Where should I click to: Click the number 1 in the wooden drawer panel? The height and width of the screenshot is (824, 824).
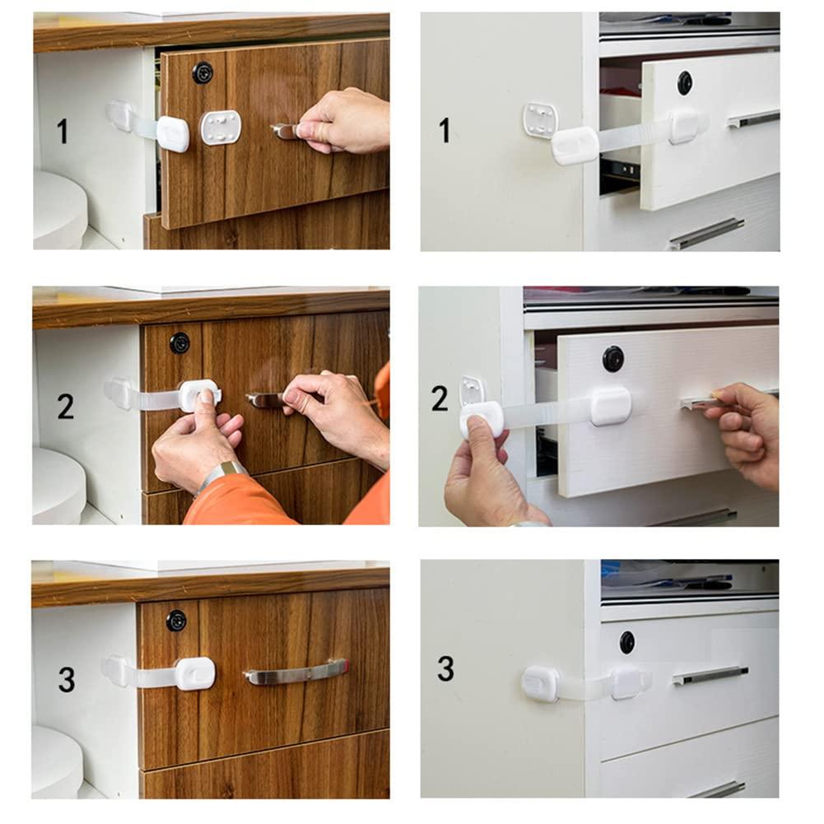coord(62,131)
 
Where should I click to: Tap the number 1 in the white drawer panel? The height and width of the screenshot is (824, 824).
coord(445,130)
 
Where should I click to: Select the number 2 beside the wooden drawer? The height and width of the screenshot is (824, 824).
coord(66,406)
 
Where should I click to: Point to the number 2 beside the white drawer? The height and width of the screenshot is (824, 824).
coord(440,398)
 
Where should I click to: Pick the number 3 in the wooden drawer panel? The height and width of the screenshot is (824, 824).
coord(67,679)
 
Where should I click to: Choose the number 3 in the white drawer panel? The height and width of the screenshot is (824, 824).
coord(445,668)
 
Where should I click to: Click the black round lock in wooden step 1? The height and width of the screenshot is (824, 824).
coord(203,72)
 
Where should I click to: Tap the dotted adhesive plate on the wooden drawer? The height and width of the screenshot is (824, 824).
coord(221,128)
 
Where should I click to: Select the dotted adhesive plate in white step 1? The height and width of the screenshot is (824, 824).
coord(540,119)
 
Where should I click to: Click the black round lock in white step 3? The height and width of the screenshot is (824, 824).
coord(627,642)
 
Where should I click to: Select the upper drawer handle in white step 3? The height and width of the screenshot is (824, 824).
coord(710,676)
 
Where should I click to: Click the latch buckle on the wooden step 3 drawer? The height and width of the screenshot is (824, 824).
coord(195,673)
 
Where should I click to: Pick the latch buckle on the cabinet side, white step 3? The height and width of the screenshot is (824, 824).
coord(540,684)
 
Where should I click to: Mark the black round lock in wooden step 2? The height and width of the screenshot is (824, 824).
coord(179,343)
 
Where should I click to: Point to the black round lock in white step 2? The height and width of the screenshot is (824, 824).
coord(613,358)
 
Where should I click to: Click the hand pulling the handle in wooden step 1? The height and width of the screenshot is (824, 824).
coord(346,120)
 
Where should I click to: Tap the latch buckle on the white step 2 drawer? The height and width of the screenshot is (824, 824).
coord(611,406)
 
